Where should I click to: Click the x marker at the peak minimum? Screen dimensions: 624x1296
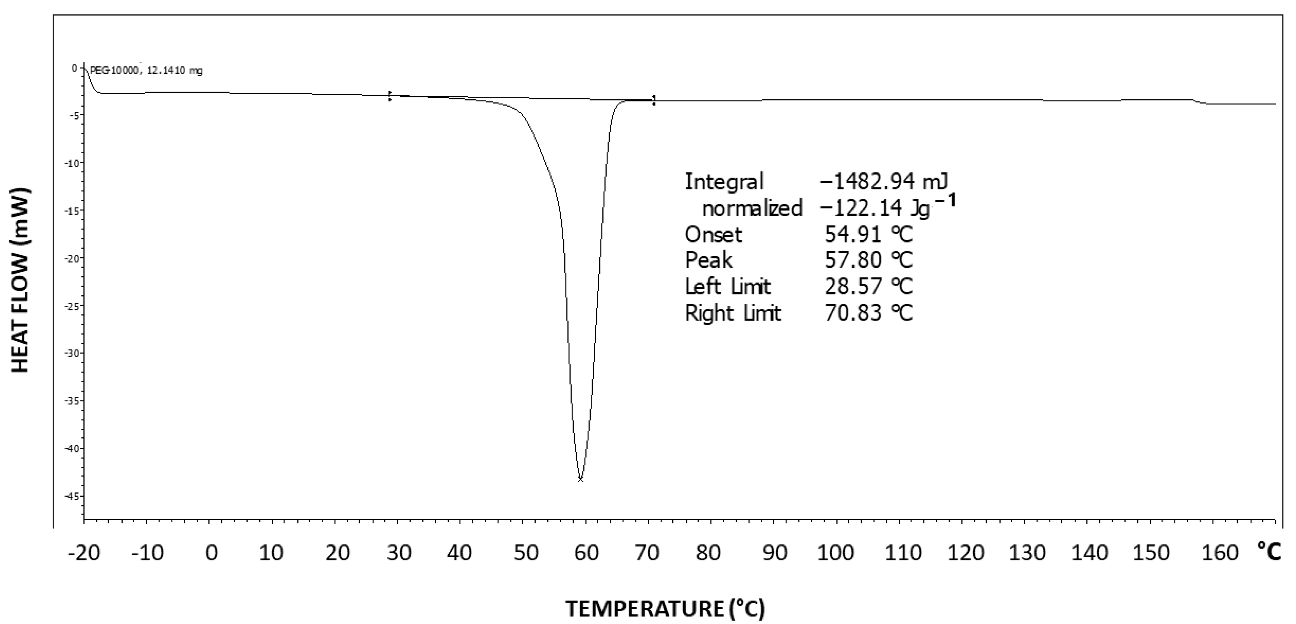coord(581,479)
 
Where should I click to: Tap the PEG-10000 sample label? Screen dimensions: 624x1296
coord(146,71)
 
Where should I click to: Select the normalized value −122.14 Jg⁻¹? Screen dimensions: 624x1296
coord(887,208)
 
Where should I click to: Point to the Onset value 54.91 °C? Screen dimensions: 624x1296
coord(868,234)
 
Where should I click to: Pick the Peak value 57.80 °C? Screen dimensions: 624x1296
coord(868,260)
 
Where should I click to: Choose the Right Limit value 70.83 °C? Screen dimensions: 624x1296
coord(868,313)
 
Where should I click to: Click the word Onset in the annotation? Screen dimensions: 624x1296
coord(713,234)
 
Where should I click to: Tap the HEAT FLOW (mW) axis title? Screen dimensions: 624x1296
coord(21,281)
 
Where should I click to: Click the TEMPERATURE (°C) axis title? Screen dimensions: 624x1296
coord(665,608)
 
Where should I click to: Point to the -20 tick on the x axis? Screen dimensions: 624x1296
coord(84,553)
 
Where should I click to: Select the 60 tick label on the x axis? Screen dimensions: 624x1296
coord(586,553)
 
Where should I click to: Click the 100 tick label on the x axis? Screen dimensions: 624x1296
coord(835,553)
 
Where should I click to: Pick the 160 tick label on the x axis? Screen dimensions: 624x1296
coord(1213,553)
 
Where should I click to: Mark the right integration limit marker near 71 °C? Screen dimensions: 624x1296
coord(654,100)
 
